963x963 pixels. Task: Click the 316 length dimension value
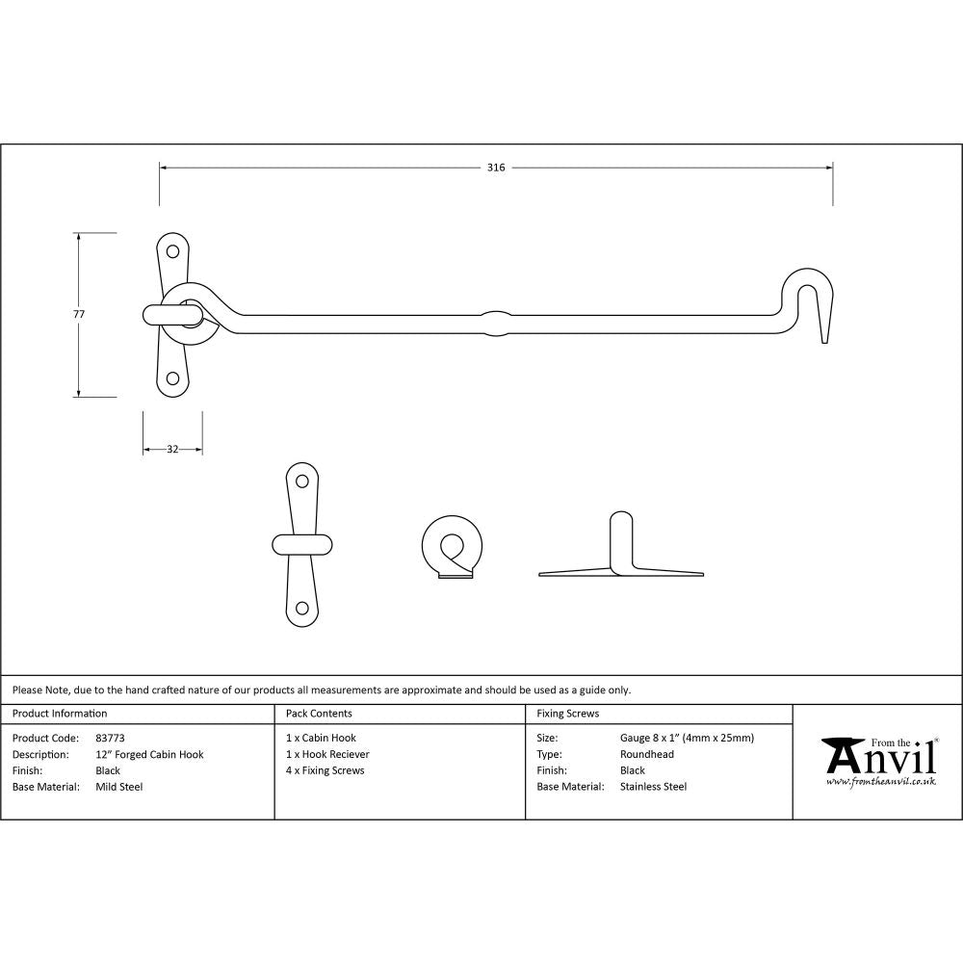tap(495, 168)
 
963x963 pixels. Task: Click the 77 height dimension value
tap(79, 314)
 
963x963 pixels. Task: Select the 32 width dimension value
tap(172, 450)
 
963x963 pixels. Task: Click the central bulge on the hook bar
tap(495, 321)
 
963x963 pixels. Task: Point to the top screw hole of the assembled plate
tap(173, 252)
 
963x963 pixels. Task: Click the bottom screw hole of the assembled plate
tap(173, 378)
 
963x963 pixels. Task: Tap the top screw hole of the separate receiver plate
tap(301, 481)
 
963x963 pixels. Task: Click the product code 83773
tap(111, 738)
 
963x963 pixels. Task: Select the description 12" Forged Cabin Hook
tap(149, 754)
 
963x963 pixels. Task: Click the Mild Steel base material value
tap(118, 787)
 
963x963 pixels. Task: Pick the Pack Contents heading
tap(319, 714)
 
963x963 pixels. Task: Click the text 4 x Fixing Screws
tap(325, 770)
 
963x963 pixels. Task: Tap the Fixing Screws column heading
tap(568, 714)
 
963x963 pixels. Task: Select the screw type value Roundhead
tap(647, 754)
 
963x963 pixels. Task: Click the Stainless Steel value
tap(654, 787)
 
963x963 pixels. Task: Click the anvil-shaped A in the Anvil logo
tap(841, 757)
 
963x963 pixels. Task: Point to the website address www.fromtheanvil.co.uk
tap(880, 782)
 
